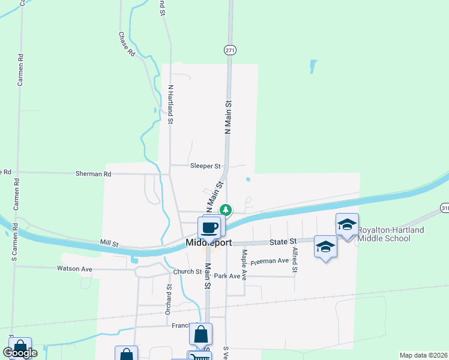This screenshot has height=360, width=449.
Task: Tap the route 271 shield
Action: tap(230, 50)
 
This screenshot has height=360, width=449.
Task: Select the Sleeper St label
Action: tap(205, 166)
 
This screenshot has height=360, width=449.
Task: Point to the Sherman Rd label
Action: tap(94, 173)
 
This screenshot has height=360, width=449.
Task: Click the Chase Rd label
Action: tap(125, 44)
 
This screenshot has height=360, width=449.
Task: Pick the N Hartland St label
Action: tap(170, 104)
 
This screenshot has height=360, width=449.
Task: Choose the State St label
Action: tap(283, 241)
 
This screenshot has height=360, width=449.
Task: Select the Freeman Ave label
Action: tap(270, 261)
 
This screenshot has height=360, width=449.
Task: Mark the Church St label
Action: tap(187, 272)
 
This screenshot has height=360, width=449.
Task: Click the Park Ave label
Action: tap(231, 276)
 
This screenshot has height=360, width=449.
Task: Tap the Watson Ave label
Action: tap(74, 269)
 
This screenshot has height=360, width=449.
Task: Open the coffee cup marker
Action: tap(209, 227)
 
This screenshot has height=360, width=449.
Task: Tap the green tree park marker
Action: tap(226, 209)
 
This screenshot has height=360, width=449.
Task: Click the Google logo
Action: tap(20, 353)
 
